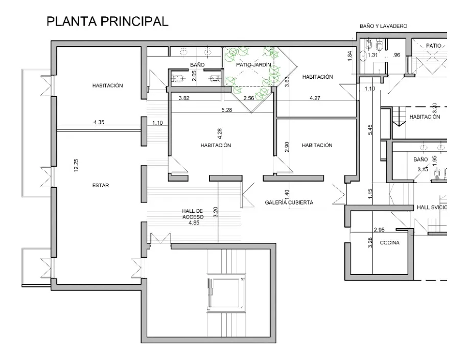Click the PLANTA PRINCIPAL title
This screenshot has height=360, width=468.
(x=107, y=21)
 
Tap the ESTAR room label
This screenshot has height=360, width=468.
(x=101, y=185)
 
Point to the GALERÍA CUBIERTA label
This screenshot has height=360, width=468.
(x=289, y=202)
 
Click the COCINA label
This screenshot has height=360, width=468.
(x=389, y=242)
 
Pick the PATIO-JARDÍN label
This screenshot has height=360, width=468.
(x=253, y=64)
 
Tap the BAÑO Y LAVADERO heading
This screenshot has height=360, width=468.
(x=383, y=26)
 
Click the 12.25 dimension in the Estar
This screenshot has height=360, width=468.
(x=76, y=165)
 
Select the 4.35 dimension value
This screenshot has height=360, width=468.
(x=99, y=122)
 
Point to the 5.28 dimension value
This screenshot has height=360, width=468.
(x=226, y=110)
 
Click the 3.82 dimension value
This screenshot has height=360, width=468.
(x=184, y=98)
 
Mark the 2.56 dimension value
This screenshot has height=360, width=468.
(x=249, y=98)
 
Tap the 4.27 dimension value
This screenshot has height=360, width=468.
(x=315, y=98)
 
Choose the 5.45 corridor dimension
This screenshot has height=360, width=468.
(x=370, y=129)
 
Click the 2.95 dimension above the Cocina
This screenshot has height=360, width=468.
(x=379, y=230)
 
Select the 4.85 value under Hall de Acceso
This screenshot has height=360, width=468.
(x=194, y=222)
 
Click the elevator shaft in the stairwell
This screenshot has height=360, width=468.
(x=226, y=293)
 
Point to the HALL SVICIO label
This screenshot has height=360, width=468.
(x=432, y=207)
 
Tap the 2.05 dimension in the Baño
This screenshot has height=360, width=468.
(x=194, y=76)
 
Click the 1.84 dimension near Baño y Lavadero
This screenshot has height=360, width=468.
(x=350, y=56)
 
